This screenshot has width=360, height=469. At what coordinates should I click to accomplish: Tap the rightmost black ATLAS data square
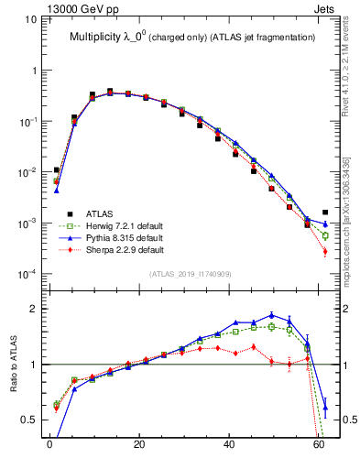click(x=325, y=213)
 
